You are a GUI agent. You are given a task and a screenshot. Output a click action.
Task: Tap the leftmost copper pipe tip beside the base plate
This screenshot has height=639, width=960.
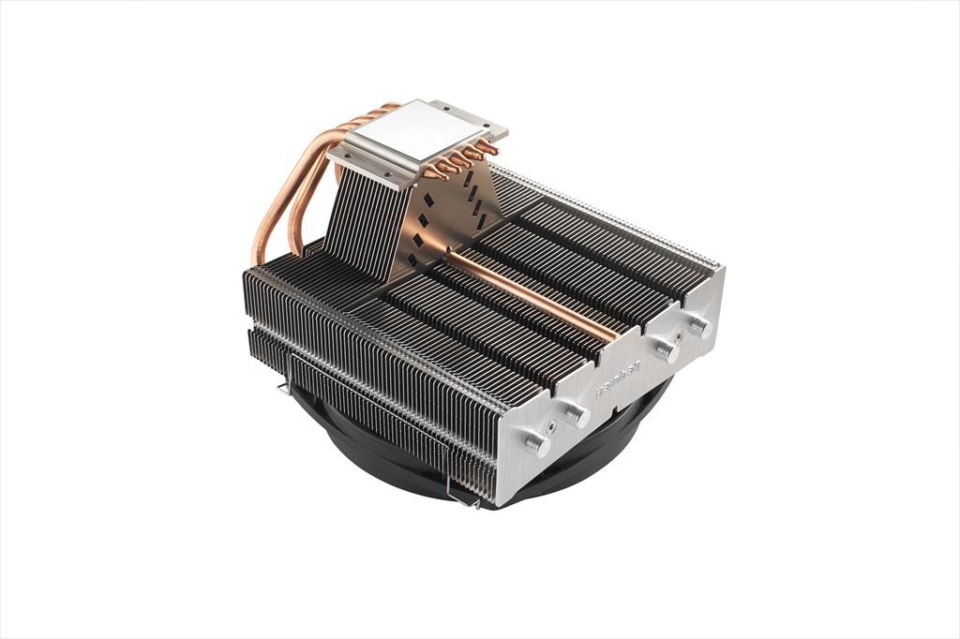click(x=433, y=174)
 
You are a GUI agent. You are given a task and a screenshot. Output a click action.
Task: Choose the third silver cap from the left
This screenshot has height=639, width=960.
click(x=667, y=350)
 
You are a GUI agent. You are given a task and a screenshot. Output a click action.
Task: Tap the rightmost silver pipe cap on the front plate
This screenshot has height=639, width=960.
click(x=698, y=326)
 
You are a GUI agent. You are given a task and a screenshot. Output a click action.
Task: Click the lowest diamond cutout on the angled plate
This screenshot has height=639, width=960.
click(x=412, y=260)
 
